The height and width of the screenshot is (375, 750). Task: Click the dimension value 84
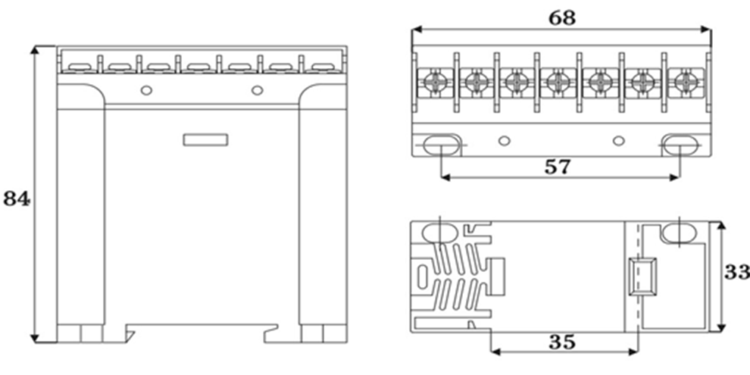[17, 199]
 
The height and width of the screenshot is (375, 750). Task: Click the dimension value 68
[561, 17]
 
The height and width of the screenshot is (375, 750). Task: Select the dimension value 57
[558, 167]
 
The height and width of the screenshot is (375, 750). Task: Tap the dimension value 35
[562, 342]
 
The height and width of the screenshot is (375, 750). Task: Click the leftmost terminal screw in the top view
[436, 79]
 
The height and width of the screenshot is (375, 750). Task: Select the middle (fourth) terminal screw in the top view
[559, 79]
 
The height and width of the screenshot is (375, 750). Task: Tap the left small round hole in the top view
[504, 140]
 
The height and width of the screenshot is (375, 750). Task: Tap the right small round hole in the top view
[618, 140]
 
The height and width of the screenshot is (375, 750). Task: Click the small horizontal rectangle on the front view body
[206, 139]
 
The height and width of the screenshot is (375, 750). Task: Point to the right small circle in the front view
[258, 90]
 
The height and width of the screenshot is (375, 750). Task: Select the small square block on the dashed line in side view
[642, 277]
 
